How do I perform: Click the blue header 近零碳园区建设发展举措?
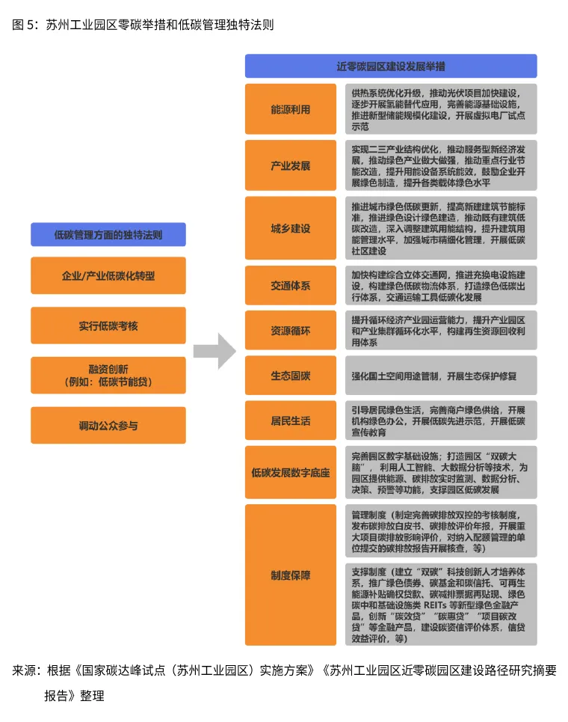coord(390,66)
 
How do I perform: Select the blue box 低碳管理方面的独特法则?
coord(108,234)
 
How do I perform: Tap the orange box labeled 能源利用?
coord(290,109)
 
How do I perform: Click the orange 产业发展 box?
coord(290,165)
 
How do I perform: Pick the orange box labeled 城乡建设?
coord(290,228)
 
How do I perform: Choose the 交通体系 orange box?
coord(290,286)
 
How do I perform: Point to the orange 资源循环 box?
coord(290,330)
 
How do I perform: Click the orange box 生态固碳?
coord(290,376)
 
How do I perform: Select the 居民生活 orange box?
coord(290,420)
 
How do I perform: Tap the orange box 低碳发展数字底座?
coord(290,472)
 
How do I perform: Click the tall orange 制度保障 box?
coord(290,575)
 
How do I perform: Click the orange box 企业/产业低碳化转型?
coord(108,275)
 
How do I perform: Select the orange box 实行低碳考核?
coord(108,325)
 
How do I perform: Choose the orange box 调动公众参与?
coord(108,425)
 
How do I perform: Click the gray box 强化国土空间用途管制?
coord(440,376)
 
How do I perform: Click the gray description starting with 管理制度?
coord(440,532)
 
